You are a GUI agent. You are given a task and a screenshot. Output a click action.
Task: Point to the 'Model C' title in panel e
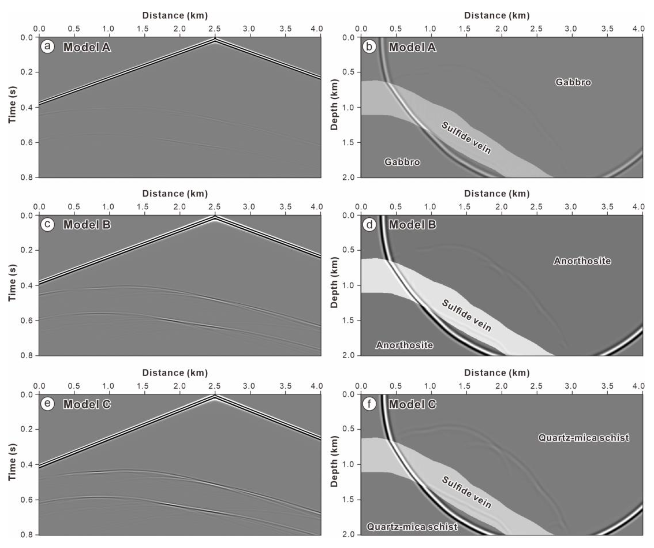click(x=87, y=404)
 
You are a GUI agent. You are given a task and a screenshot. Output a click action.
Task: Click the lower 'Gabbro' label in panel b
click(x=402, y=162)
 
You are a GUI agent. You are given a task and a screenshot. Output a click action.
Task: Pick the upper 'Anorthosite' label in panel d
click(x=582, y=261)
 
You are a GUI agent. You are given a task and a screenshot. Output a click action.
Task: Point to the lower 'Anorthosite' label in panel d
click(x=404, y=345)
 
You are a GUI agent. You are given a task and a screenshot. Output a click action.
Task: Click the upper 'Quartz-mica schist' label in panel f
click(x=583, y=438)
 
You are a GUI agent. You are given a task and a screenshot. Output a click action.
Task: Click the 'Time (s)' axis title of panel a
click(x=13, y=104)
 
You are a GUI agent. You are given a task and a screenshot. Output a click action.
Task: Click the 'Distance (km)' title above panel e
click(x=175, y=373)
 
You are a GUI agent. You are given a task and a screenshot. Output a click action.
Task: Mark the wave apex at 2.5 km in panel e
click(x=215, y=396)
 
